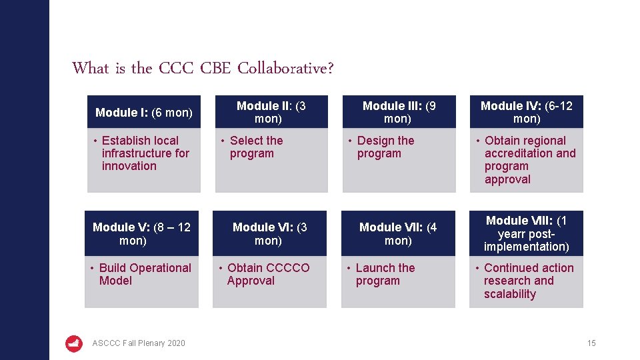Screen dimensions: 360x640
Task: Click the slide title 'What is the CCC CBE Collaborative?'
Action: (x=203, y=68)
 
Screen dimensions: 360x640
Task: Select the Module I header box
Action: (x=143, y=112)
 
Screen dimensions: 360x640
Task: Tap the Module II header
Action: (x=271, y=112)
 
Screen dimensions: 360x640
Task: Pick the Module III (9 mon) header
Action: (x=399, y=112)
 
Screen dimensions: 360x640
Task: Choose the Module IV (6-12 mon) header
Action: (x=526, y=112)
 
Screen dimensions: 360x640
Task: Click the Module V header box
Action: (x=142, y=233)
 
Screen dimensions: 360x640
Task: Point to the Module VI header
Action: (x=269, y=233)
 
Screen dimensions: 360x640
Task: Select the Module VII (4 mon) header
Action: (x=398, y=233)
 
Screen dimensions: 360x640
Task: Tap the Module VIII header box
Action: (x=526, y=233)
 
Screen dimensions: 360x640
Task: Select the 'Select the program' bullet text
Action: (x=256, y=147)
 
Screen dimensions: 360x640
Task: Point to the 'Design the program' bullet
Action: (x=385, y=147)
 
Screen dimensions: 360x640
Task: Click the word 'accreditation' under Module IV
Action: (x=530, y=153)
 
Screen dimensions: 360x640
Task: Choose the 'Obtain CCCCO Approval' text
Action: (x=267, y=274)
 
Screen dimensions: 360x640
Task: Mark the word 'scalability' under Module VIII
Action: (x=510, y=294)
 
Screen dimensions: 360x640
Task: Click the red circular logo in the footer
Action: (x=74, y=343)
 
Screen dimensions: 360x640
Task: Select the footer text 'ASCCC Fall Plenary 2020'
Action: (x=139, y=343)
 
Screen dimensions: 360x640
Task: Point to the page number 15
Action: (x=591, y=343)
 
